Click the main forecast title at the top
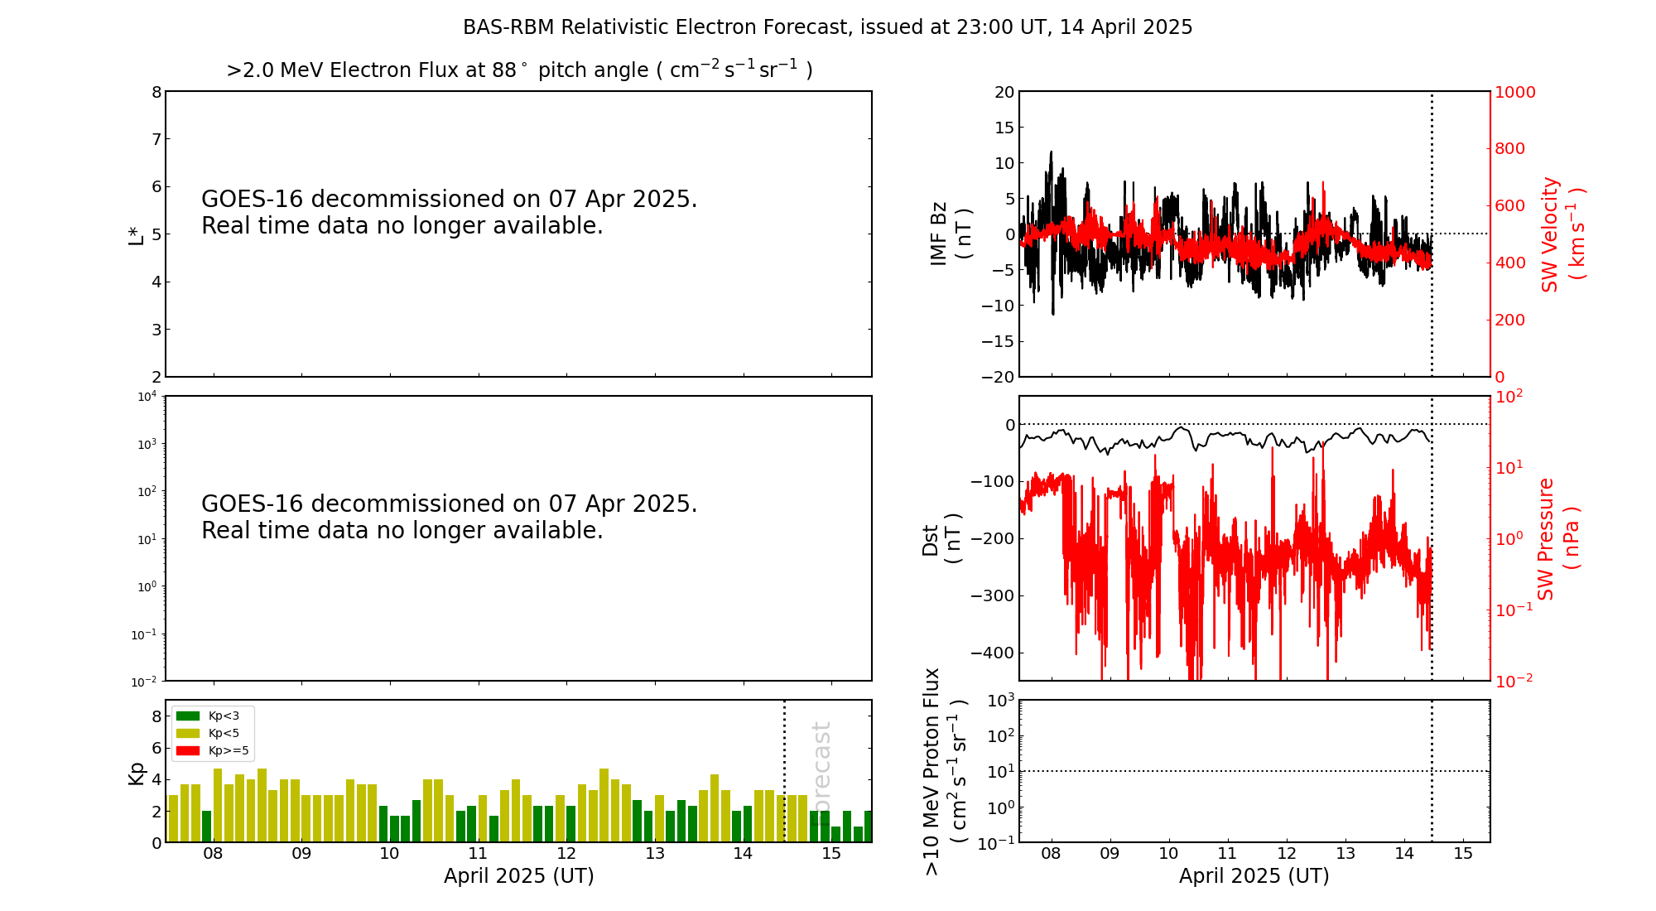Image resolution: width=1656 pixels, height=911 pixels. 827,27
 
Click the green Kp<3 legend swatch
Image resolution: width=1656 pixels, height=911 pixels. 188,716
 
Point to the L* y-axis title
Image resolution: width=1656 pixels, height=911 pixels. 136,234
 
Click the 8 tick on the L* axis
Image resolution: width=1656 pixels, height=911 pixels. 156,92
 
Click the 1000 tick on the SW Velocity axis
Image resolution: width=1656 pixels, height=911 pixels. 1514,92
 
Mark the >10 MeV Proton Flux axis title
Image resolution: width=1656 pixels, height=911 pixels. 945,771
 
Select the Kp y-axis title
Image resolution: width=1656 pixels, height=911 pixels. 137,773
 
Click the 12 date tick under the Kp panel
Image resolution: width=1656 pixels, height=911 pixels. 566,854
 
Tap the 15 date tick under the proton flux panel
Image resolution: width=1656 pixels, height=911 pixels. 1463,854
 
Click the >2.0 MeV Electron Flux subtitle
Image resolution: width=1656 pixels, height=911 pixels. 519,70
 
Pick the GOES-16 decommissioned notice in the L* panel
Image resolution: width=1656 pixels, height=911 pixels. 449,212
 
